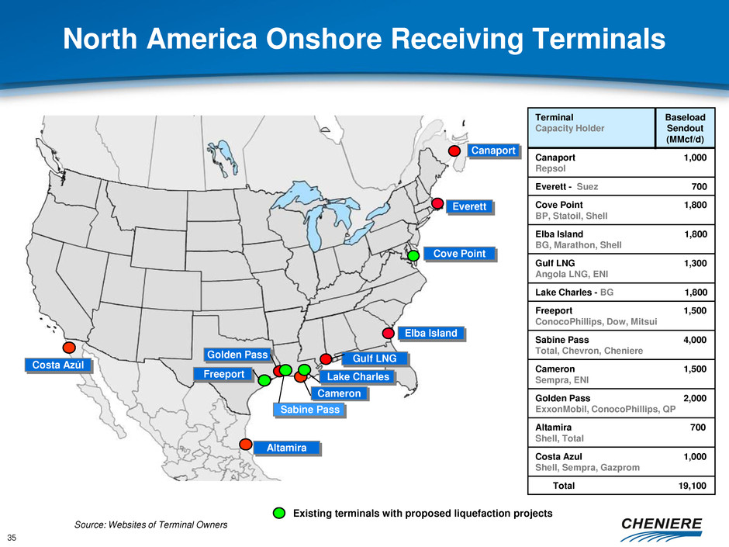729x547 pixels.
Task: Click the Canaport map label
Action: (x=492, y=151)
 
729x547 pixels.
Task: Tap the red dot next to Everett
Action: (x=437, y=203)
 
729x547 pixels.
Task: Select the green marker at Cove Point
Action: (x=413, y=255)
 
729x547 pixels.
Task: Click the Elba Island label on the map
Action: (x=431, y=333)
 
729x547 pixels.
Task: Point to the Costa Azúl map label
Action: (x=58, y=365)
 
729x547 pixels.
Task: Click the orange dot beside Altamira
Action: (x=246, y=445)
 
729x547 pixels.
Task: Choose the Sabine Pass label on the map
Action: (x=309, y=410)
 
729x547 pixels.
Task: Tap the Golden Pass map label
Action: (x=237, y=355)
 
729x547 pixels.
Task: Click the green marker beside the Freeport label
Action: (x=264, y=380)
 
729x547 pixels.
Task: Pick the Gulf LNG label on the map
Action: (x=375, y=358)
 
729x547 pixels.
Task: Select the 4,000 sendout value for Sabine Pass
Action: (x=695, y=340)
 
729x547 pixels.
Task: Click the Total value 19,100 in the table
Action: (x=693, y=486)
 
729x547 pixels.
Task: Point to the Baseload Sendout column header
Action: (x=685, y=128)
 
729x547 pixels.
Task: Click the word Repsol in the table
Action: (x=551, y=168)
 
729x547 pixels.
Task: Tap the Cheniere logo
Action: (x=661, y=529)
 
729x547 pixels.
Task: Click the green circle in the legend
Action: (x=279, y=513)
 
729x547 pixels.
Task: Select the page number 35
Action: (x=12, y=538)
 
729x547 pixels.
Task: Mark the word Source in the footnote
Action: (x=90, y=524)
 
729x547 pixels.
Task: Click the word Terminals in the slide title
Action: (x=599, y=38)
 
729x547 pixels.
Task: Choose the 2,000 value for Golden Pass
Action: (x=695, y=398)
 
